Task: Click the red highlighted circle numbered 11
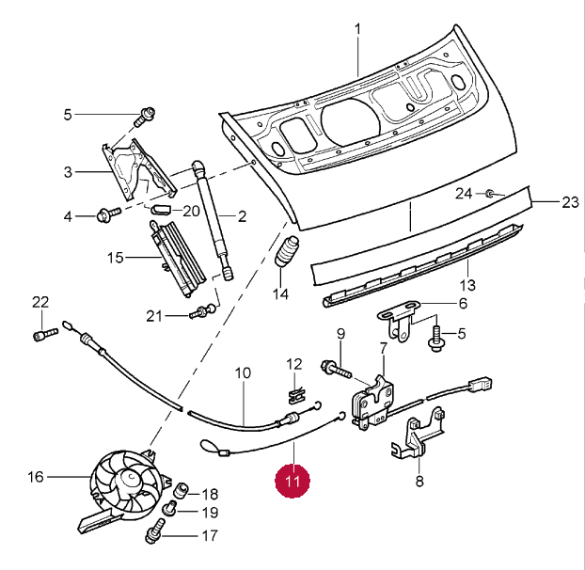pyautogui.click(x=292, y=480)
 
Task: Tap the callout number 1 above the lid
pyautogui.click(x=358, y=29)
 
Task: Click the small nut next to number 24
pyautogui.click(x=490, y=194)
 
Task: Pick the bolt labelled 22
pyautogui.click(x=40, y=333)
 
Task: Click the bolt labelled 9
pyautogui.click(x=334, y=368)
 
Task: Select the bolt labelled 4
pyautogui.click(x=106, y=216)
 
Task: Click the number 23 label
pyautogui.click(x=571, y=202)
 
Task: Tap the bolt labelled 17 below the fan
pyautogui.click(x=151, y=537)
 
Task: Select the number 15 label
pyautogui.click(x=116, y=257)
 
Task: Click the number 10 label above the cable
pyautogui.click(x=243, y=372)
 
